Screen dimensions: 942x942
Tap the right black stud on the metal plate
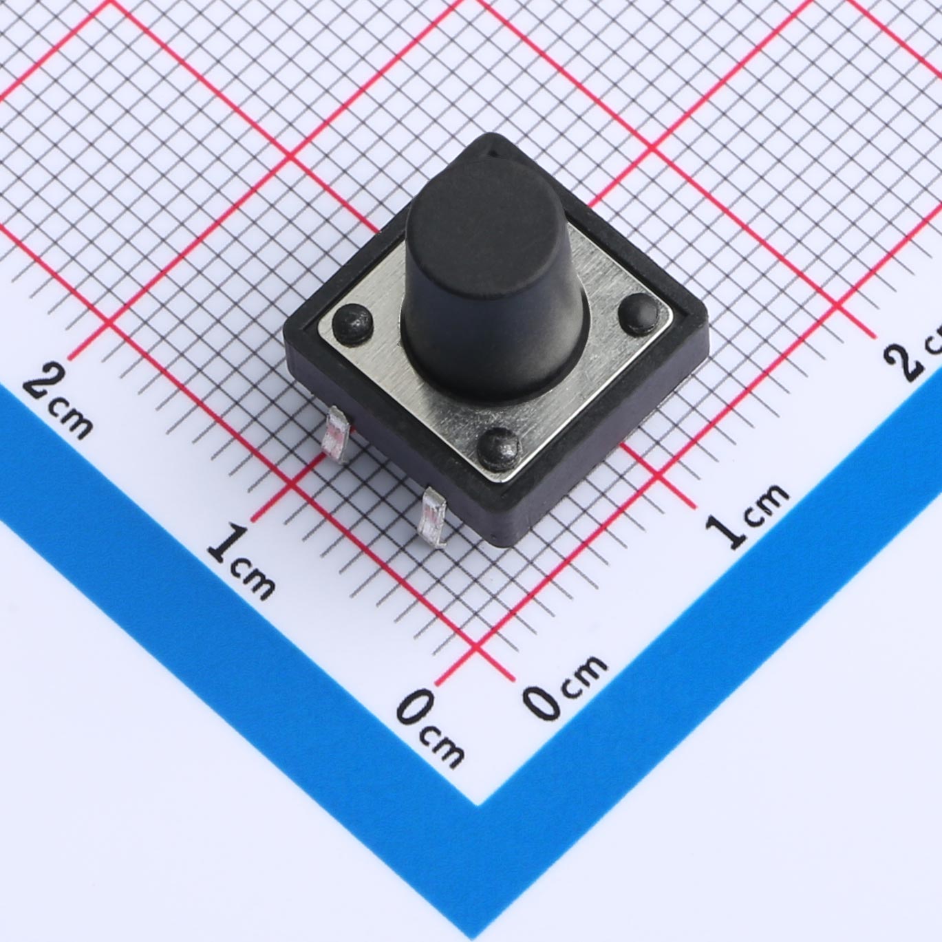[638, 313]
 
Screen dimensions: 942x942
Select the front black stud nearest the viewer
[497, 448]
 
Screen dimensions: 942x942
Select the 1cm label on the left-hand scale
[241, 561]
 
